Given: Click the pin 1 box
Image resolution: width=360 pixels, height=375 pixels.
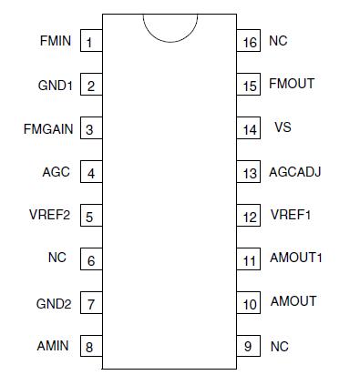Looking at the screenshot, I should (90, 42).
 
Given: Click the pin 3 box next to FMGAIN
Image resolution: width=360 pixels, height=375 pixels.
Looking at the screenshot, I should (90, 129).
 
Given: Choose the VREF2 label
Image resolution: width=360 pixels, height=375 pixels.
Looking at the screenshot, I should (52, 216).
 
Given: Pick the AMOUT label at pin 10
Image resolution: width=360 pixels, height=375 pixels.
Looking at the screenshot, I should (293, 301).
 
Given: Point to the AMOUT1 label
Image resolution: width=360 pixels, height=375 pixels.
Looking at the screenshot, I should (296, 258).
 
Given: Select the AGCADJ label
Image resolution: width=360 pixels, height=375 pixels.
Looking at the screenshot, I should (295, 172).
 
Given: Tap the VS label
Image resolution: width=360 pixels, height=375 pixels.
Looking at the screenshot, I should (283, 128).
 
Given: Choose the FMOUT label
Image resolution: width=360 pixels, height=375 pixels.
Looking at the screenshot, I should (292, 84).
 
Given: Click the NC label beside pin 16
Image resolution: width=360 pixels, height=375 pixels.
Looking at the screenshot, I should (278, 42).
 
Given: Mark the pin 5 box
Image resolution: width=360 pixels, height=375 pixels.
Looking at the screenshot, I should (90, 217).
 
